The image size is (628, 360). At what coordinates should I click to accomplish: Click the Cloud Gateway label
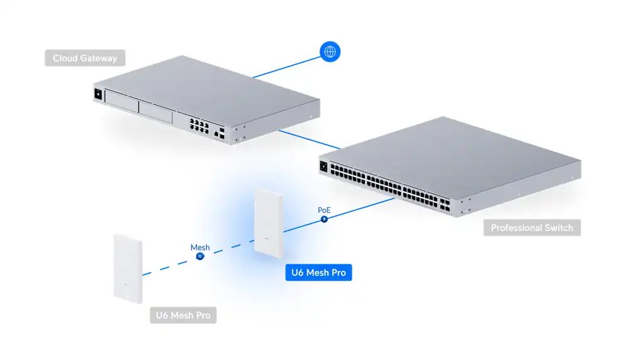tap(85, 58)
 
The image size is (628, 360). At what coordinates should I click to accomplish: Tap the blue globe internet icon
tap(330, 52)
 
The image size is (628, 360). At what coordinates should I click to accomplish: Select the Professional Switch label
tap(532, 227)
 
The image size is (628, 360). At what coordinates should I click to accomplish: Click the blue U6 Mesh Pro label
tap(318, 273)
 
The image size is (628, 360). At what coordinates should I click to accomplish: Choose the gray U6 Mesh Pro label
tap(183, 315)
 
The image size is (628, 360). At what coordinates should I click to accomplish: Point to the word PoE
tap(324, 209)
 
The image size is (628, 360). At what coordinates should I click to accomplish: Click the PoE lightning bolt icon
tap(324, 219)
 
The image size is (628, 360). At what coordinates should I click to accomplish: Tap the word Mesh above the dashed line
tap(200, 248)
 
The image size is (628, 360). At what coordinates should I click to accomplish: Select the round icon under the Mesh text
tap(200, 257)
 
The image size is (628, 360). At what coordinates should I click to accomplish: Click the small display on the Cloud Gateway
tap(97, 95)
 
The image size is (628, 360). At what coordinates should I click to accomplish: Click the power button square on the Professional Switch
tap(324, 167)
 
